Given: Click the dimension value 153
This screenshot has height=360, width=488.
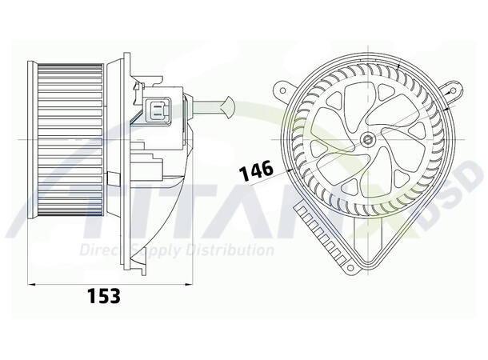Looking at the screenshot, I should click(103, 295).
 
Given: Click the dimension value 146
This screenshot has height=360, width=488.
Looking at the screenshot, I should click(255, 168).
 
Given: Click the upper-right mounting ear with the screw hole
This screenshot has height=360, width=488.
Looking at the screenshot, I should click(454, 83).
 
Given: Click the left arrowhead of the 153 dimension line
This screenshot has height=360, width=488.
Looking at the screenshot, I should click(32, 282).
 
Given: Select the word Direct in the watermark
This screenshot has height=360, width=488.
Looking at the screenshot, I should click(102, 250).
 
